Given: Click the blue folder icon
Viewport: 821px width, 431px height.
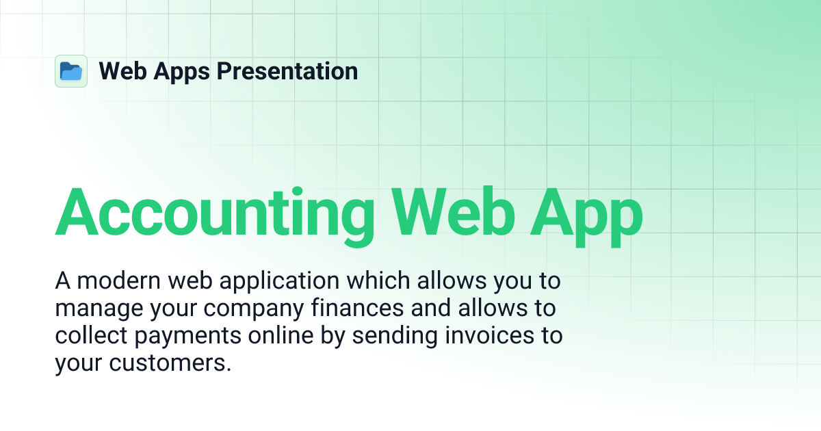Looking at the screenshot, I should coord(71,71).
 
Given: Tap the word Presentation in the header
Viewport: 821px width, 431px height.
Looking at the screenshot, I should coord(287,71).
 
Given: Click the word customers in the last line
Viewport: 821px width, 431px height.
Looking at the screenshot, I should coord(168,363).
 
